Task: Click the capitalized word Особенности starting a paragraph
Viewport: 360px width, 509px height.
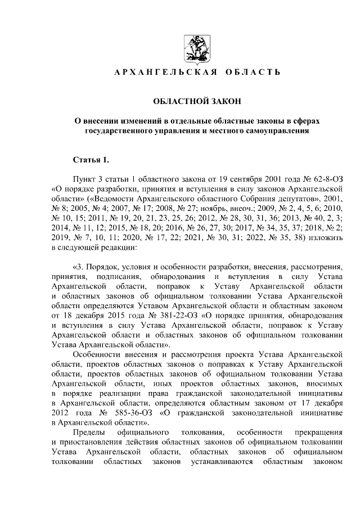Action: point(98,354)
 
